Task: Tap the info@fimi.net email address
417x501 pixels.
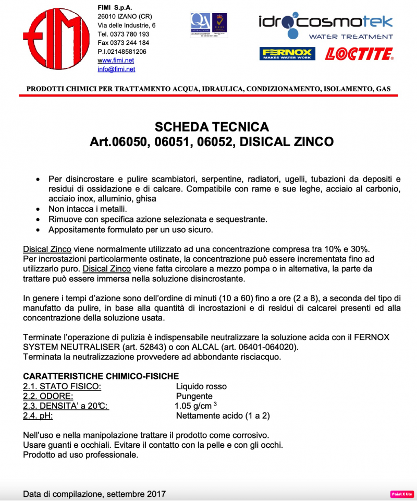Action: pos(116,69)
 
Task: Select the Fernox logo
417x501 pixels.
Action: pos(287,54)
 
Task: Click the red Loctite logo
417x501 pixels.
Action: pos(359,54)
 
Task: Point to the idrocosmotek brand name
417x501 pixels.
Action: pos(325,22)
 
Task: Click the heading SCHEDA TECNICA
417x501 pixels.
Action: pos(212,127)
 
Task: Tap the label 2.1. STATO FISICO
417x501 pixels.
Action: pos(62,386)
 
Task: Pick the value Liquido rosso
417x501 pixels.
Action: pos(201,386)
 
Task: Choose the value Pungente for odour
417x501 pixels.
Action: pos(194,396)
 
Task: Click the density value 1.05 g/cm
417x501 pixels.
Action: pos(194,406)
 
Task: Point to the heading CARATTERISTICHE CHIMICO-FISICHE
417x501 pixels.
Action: pos(101,376)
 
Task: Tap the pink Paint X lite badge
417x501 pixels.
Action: pos(402,494)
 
